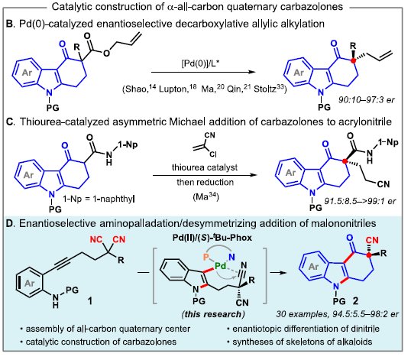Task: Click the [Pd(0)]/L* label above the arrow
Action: point(200,63)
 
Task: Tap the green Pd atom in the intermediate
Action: point(221,266)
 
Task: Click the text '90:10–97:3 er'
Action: point(366,99)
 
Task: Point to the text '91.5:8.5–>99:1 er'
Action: point(360,201)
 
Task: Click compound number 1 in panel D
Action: point(90,301)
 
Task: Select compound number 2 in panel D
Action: point(355,300)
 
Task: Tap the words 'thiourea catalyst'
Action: point(205,167)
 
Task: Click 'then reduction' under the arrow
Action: point(205,182)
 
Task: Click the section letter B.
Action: point(10,24)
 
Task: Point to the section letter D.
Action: point(10,223)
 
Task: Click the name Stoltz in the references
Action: point(265,89)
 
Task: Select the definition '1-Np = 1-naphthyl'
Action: point(99,199)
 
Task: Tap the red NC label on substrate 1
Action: point(96,239)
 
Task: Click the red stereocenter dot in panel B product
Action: point(354,60)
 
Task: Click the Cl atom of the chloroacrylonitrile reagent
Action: point(213,154)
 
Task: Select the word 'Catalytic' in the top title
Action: point(69,7)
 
